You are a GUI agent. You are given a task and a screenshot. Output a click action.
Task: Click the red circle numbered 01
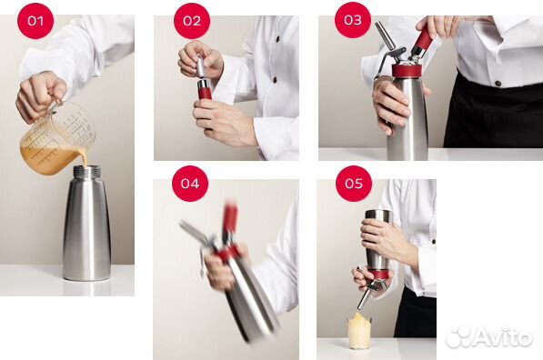click(x=35, y=21)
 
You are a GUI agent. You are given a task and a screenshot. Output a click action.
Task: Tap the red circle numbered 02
click(x=192, y=21)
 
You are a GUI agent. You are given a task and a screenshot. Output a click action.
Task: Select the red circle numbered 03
click(x=353, y=20)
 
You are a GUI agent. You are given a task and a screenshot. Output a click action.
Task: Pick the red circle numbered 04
click(x=190, y=183)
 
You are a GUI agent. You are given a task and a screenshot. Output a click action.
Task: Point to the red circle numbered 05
click(x=354, y=183)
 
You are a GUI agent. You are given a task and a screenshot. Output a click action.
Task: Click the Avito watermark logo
click(x=489, y=336)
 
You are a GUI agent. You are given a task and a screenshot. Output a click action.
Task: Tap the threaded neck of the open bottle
click(x=87, y=170)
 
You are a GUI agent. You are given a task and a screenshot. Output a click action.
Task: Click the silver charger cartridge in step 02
click(x=201, y=65)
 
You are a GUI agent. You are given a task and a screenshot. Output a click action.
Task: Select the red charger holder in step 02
click(x=205, y=90)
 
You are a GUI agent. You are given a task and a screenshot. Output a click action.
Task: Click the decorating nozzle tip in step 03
click(x=386, y=35)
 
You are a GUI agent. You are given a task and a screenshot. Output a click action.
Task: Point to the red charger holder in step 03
click(x=422, y=41)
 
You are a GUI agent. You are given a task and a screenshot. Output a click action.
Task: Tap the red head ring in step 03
click(x=407, y=70)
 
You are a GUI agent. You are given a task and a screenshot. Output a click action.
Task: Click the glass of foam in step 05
click(x=360, y=331)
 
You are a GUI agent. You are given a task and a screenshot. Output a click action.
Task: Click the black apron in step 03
click(x=493, y=111)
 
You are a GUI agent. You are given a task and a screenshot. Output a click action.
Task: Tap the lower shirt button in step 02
click(x=275, y=80)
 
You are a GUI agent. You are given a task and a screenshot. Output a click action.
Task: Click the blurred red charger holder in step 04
click(x=230, y=218)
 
